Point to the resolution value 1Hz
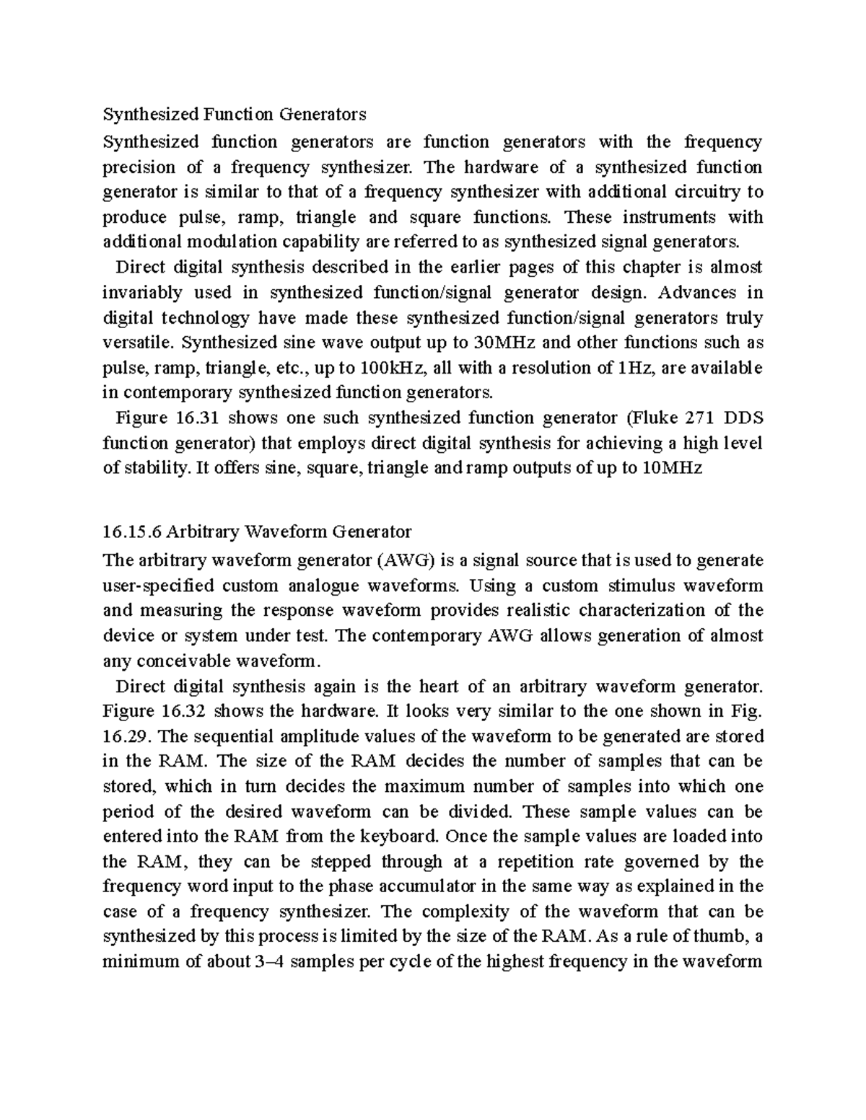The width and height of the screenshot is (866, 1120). [x=635, y=367]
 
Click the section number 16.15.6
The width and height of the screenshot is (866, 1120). [x=132, y=532]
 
